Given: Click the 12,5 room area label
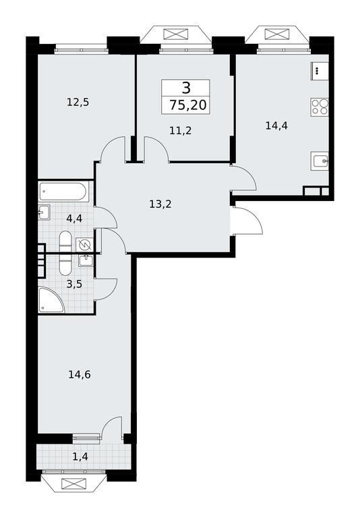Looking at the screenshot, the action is coord(78,103).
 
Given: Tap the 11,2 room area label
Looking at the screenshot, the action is coord(180,131).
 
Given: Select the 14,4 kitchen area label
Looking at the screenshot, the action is coord(276,125).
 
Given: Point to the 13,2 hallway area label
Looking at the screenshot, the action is coord(160,204).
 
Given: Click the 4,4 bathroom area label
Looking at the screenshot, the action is coord(74,219).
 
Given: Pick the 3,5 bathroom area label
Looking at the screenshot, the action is coord(74,284).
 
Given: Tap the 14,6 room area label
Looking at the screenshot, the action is coord(80,374).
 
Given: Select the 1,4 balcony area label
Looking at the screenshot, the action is coord(80,457).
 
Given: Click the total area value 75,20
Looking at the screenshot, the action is coord(188,105).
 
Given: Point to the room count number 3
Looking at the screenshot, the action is coord(186,88).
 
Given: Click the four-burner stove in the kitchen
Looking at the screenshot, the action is coord(320,107).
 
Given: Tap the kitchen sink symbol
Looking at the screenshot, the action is coord(320,161).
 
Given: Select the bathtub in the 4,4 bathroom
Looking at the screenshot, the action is coord(63,192).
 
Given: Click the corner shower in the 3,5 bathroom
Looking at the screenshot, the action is coord(50,300).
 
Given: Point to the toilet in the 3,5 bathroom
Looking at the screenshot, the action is coord(65,264).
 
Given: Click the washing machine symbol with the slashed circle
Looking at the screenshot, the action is coord(84,245).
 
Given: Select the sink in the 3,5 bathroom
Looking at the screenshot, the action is coord(86,260).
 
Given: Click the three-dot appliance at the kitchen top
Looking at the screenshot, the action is coord(319,71).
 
